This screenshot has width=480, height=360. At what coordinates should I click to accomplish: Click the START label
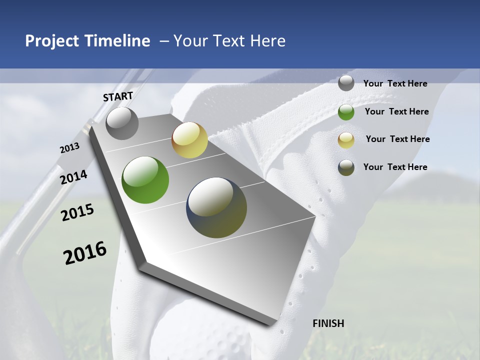coord(118,96)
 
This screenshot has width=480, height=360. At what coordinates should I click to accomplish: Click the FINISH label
coord(328,323)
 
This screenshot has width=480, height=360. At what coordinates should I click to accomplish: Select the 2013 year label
coord(70,148)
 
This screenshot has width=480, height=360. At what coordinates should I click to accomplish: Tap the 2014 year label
coord(74,177)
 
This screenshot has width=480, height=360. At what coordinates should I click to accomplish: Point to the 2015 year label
coord(77,212)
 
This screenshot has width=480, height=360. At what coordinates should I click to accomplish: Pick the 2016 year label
coord(85,252)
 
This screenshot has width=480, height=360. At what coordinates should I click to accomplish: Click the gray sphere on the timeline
coord(122,123)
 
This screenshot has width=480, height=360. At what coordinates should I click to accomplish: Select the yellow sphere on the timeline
coord(189,140)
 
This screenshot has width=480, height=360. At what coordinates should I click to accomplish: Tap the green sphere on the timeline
coord(145,180)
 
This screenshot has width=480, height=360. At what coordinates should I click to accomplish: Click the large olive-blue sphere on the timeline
coord(216,207)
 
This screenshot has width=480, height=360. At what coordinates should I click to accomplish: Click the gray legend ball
coord(346,83)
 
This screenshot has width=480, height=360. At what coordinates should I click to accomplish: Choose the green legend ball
coord(346,111)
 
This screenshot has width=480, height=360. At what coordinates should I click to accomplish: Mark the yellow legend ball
coord(346,139)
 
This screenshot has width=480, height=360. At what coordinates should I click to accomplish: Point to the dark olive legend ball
coord(346,167)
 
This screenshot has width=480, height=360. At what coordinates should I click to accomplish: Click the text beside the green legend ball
coord(396,111)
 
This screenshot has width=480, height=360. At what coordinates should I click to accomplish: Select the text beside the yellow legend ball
coord(397,139)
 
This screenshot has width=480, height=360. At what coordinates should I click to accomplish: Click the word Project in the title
coord(52,41)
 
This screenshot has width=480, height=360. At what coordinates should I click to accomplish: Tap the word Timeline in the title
coord(117,41)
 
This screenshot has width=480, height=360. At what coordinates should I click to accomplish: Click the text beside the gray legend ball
coord(395,83)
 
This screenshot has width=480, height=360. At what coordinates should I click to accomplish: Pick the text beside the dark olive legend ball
coord(395,167)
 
